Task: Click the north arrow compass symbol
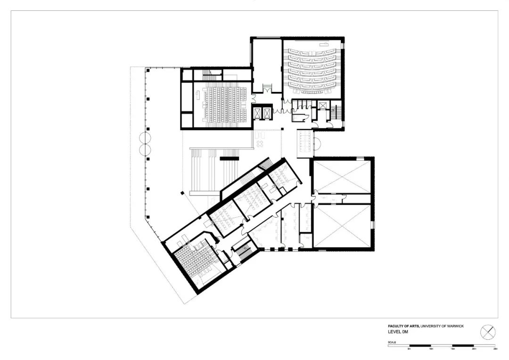[488, 332]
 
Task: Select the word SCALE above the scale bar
[392, 342]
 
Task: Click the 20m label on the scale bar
[474, 349]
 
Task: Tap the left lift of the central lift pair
[258, 113]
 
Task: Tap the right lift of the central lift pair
[267, 113]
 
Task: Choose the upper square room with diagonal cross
[342, 176]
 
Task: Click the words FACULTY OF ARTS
[403, 326]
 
